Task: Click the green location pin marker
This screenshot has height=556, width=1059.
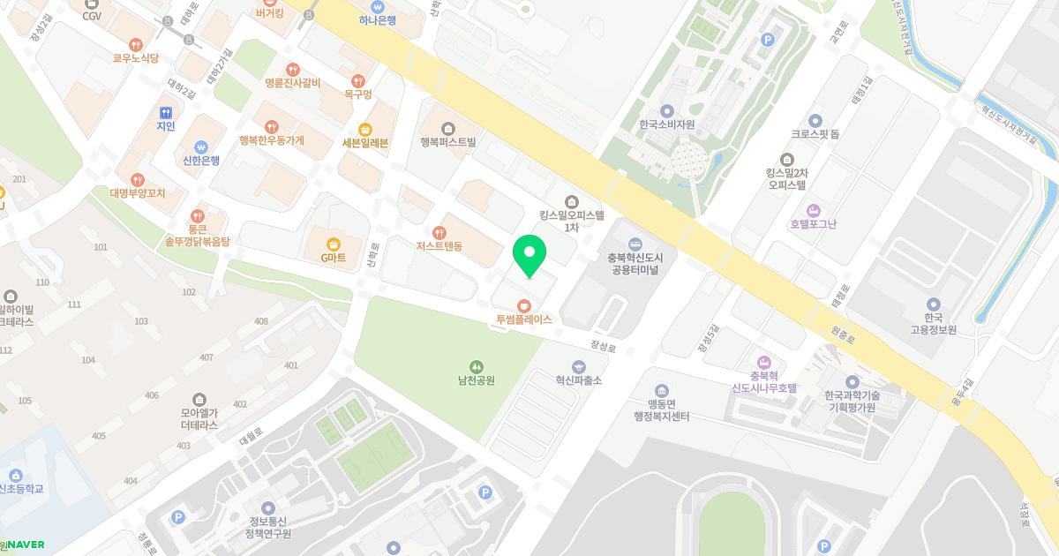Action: point(529,255)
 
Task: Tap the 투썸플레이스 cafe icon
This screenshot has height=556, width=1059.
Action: point(524,305)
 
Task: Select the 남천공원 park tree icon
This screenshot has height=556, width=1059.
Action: point(476,366)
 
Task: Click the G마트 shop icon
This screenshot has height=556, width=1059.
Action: point(333,244)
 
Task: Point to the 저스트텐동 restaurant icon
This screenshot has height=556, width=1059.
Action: point(439,232)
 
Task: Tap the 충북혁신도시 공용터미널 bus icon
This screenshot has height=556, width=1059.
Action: point(635,244)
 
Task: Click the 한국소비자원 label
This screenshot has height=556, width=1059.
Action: point(666,124)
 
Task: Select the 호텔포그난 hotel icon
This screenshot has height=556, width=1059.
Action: point(814,210)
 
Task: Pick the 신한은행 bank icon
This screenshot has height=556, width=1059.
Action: point(200,147)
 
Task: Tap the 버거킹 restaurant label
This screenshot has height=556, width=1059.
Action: point(270,13)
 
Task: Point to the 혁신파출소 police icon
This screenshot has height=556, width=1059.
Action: point(578,365)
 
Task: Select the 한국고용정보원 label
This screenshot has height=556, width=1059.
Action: point(934,323)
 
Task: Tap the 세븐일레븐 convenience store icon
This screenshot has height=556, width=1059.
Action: point(365,129)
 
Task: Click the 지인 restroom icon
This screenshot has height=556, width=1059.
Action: point(166,112)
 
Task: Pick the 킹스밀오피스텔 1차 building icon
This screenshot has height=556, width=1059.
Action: point(571,200)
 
